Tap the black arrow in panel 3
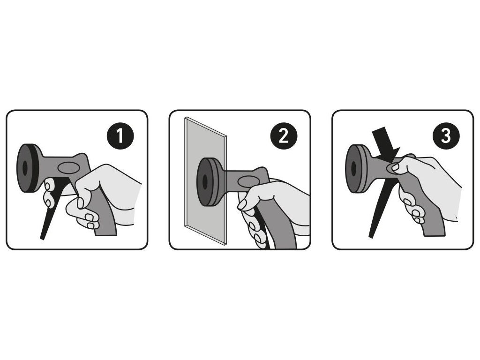[x=385, y=145]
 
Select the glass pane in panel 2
[x=205, y=180]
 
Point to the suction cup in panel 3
[x=358, y=169]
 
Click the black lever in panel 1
[x=52, y=208]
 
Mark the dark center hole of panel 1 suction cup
[x=25, y=168]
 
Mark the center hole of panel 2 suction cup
[x=205, y=182]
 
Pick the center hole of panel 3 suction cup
[x=353, y=169]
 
